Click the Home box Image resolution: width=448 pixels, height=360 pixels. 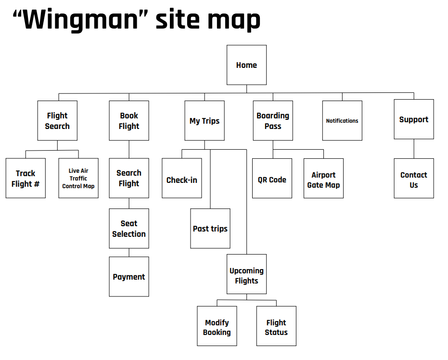click(246, 65)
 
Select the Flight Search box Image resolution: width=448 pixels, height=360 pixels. click(57, 120)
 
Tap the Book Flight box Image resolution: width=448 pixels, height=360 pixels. click(129, 120)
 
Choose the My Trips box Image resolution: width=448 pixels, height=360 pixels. click(205, 120)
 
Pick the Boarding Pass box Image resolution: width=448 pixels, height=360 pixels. click(273, 120)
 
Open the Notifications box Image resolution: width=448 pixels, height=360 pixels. click(342, 120)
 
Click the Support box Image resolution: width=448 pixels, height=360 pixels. click(413, 119)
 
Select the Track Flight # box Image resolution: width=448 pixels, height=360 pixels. click(26, 178)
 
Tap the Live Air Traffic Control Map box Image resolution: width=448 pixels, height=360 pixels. click(78, 178)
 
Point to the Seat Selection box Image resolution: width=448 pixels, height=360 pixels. click(129, 229)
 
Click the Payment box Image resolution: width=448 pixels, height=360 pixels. click(129, 277)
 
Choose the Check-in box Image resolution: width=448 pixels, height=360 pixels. click(182, 180)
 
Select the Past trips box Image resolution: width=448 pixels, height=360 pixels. click(210, 229)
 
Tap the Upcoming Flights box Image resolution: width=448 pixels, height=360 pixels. click(246, 276)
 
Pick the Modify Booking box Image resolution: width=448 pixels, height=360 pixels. click(217, 327)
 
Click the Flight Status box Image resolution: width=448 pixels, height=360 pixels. click(276, 327)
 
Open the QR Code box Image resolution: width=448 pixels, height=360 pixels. click(272, 180)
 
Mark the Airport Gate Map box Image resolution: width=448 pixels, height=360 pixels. click(323, 180)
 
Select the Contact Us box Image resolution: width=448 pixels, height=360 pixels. click(413, 180)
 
